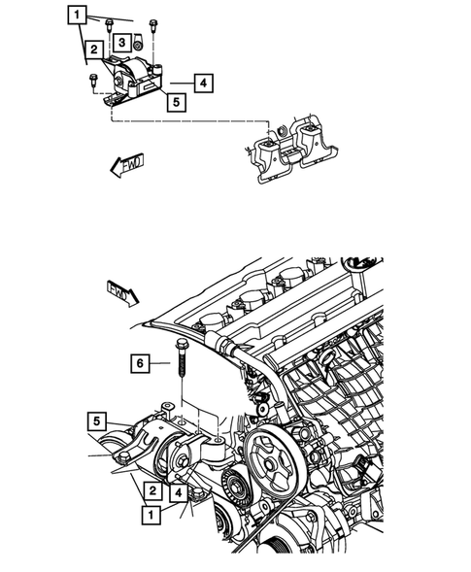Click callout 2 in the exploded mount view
pyautogui.click(x=93, y=49)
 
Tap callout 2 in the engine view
pyautogui.click(x=152, y=491)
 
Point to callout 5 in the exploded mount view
pyautogui.click(x=176, y=99)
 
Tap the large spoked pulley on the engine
pyautogui.click(x=273, y=459)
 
